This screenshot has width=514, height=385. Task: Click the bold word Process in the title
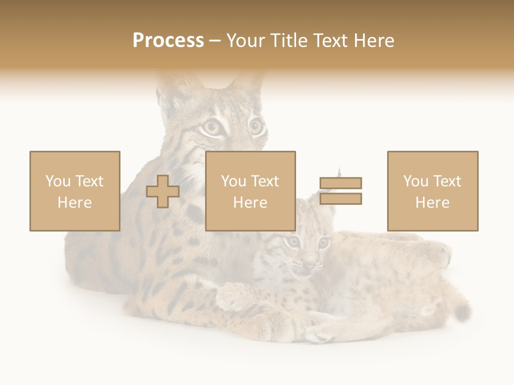[168, 41]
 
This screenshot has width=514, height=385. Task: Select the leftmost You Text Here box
[75, 191]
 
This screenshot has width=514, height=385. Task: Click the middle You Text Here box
[251, 191]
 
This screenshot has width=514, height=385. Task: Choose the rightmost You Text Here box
[433, 191]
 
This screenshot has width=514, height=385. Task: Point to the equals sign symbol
[341, 191]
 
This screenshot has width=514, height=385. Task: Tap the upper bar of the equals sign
[341, 183]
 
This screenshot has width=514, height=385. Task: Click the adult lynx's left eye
[211, 127]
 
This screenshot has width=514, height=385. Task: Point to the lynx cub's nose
[309, 263]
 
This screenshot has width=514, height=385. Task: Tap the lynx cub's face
[305, 251]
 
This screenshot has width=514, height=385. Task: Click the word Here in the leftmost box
[75, 203]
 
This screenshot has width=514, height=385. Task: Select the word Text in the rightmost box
[447, 181]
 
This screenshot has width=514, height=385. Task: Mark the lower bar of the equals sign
[341, 199]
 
